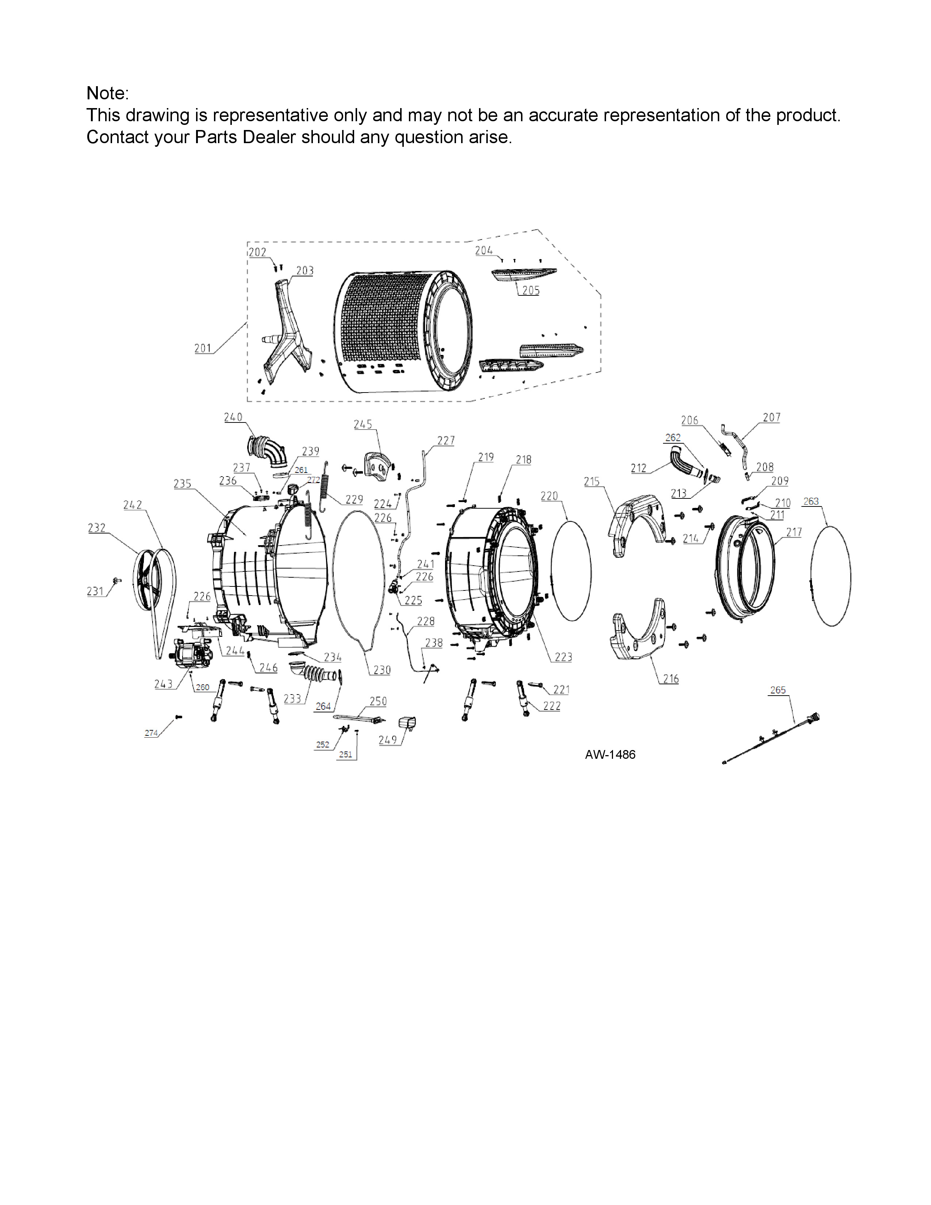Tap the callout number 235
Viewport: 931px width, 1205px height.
tap(182, 484)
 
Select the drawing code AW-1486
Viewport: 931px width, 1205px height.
tap(610, 755)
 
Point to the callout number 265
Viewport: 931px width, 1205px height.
tap(778, 690)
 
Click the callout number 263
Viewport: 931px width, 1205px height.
tap(811, 501)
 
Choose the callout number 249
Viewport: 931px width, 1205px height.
tap(388, 740)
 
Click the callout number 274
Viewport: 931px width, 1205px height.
tap(151, 733)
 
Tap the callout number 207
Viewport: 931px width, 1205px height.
tap(771, 418)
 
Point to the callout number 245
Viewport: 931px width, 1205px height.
tap(363, 424)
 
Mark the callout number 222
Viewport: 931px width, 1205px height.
tap(552, 706)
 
